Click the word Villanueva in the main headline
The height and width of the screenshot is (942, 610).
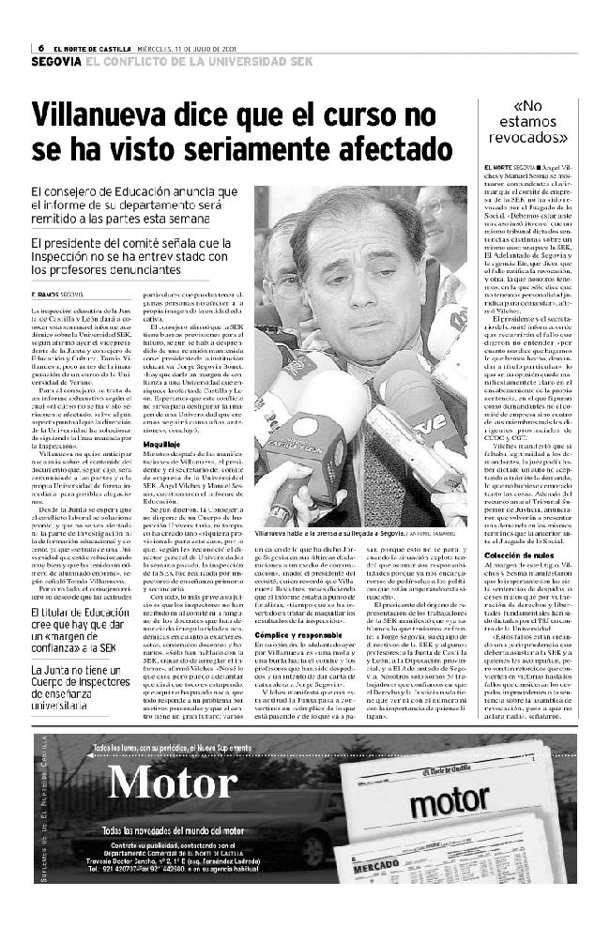[105, 115]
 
